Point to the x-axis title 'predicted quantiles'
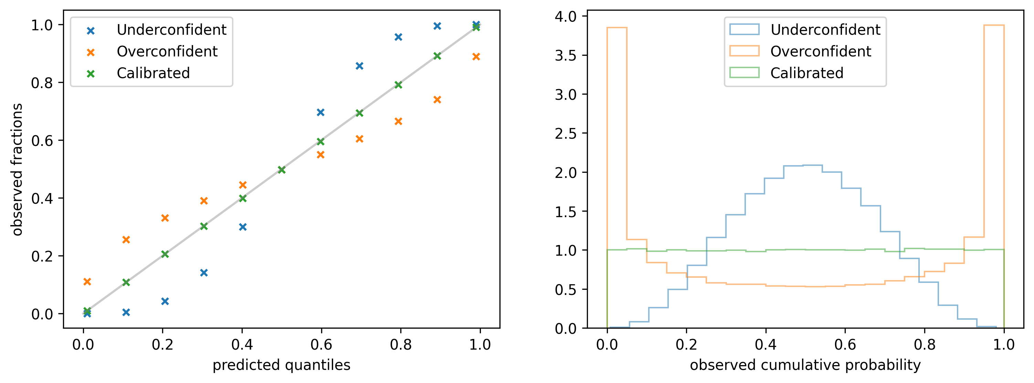point(281,365)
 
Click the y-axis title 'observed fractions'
point(17,169)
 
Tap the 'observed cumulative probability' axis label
point(805,365)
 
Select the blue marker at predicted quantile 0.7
point(359,66)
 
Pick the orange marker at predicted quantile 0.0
point(87,282)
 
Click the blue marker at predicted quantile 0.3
point(203,273)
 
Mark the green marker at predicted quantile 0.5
point(281,170)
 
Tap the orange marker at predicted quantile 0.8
point(398,121)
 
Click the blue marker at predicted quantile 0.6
point(320,113)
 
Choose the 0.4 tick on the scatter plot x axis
point(242,344)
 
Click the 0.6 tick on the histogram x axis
point(845,344)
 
